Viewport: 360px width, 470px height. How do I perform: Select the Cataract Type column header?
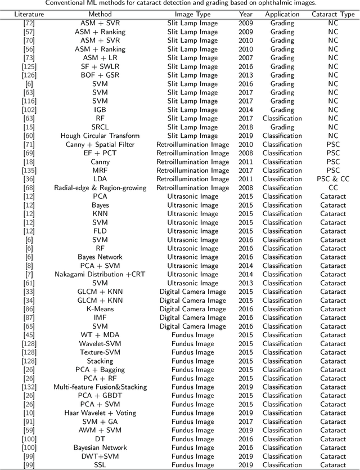pyautogui.click(x=333, y=14)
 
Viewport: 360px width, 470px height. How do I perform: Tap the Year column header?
pyautogui.click(x=245, y=14)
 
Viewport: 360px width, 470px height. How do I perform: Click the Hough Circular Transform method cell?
pyautogui.click(x=100, y=136)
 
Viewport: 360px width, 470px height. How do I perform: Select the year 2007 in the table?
pyautogui.click(x=245, y=58)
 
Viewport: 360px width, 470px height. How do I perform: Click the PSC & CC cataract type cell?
pyautogui.click(x=333, y=179)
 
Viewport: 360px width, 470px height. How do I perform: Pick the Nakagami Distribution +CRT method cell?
pyautogui.click(x=100, y=274)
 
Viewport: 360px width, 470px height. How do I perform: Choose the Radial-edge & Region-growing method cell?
pyautogui.click(x=100, y=187)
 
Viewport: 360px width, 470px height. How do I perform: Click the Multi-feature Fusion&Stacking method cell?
pyautogui.click(x=100, y=387)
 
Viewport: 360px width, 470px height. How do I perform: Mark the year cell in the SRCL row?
pyautogui.click(x=245, y=127)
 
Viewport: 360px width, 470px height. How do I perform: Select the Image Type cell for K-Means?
pyautogui.click(x=192, y=309)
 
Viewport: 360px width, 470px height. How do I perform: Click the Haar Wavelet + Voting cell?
pyautogui.click(x=100, y=413)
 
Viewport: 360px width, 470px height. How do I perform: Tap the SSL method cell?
pyautogui.click(x=100, y=465)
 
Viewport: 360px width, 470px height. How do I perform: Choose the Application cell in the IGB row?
pyautogui.click(x=282, y=110)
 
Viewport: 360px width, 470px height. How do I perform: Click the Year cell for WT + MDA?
pyautogui.click(x=245, y=335)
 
